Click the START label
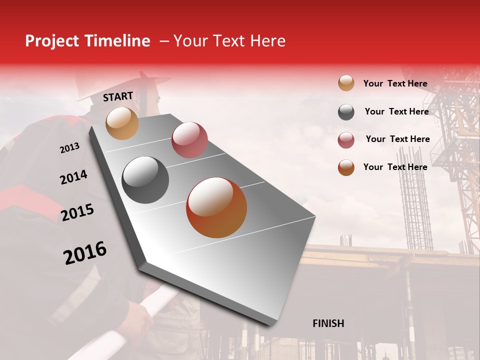(x=118, y=96)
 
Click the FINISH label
(x=328, y=323)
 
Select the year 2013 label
(x=69, y=148)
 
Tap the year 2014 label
(x=73, y=177)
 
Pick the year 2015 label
(x=77, y=212)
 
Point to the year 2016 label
(x=85, y=253)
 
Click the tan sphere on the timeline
(x=122, y=123)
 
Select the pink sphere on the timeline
(x=189, y=139)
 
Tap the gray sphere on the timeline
(x=145, y=180)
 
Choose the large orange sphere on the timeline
(x=216, y=207)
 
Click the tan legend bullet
(x=346, y=83)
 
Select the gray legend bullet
(x=346, y=112)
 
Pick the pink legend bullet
(x=346, y=140)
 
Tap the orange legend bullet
(x=346, y=167)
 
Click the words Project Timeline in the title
(x=87, y=41)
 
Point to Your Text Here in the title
(x=229, y=41)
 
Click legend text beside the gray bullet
(x=396, y=111)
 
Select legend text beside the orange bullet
(x=395, y=167)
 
